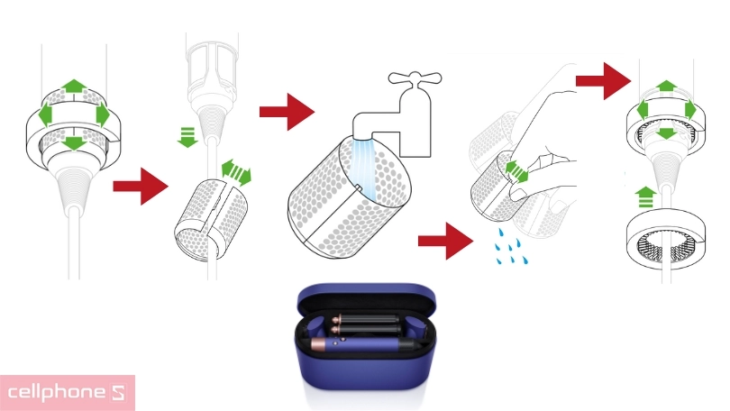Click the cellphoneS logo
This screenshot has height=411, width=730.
(x=67, y=392)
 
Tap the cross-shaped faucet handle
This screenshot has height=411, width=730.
(x=415, y=78)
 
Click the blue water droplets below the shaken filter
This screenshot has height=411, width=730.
(x=511, y=247)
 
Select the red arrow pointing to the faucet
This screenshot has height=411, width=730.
(x=287, y=112)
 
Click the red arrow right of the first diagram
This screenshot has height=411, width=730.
(x=140, y=187)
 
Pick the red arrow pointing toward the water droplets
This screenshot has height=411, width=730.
(x=445, y=242)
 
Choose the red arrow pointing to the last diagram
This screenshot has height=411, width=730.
(x=603, y=81)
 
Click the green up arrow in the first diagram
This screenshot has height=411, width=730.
(x=74, y=87)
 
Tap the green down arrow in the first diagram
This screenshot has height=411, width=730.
(x=74, y=143)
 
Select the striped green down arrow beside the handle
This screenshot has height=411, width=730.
(x=187, y=137)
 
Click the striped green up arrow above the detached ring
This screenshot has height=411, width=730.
(x=645, y=196)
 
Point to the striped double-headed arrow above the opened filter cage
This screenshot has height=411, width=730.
(x=236, y=172)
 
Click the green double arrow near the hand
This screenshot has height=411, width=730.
(x=516, y=171)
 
